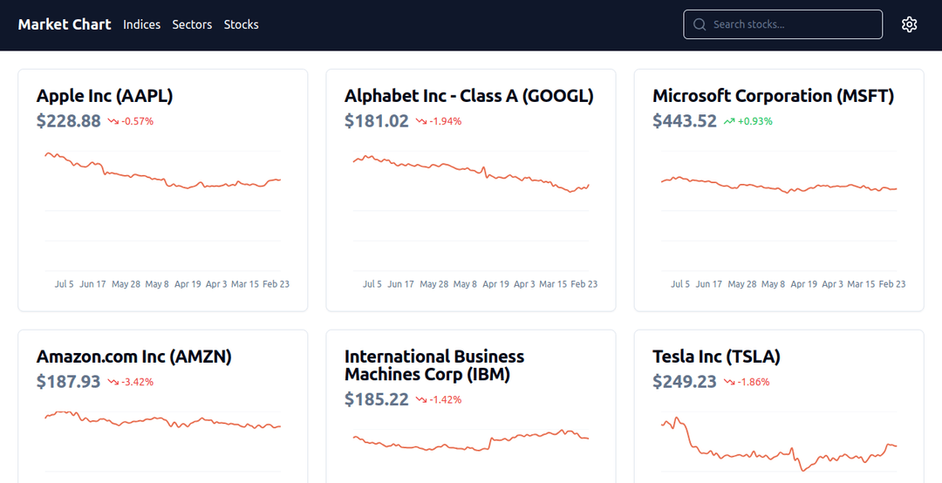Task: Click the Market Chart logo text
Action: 65,24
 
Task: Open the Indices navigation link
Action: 141,24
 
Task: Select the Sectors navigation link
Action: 192,24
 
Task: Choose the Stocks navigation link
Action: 241,24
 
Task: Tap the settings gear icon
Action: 909,24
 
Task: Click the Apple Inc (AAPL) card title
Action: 105,96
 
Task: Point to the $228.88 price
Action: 69,121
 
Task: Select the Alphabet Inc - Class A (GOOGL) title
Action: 468,96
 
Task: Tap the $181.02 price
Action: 377,121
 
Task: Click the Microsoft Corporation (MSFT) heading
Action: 773,96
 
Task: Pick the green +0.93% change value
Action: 754,121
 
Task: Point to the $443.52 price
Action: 685,121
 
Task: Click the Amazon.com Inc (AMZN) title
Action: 133,357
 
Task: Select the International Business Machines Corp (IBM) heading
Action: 434,365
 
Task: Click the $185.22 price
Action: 377,399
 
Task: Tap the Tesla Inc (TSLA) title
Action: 716,357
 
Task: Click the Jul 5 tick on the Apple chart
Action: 65,284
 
